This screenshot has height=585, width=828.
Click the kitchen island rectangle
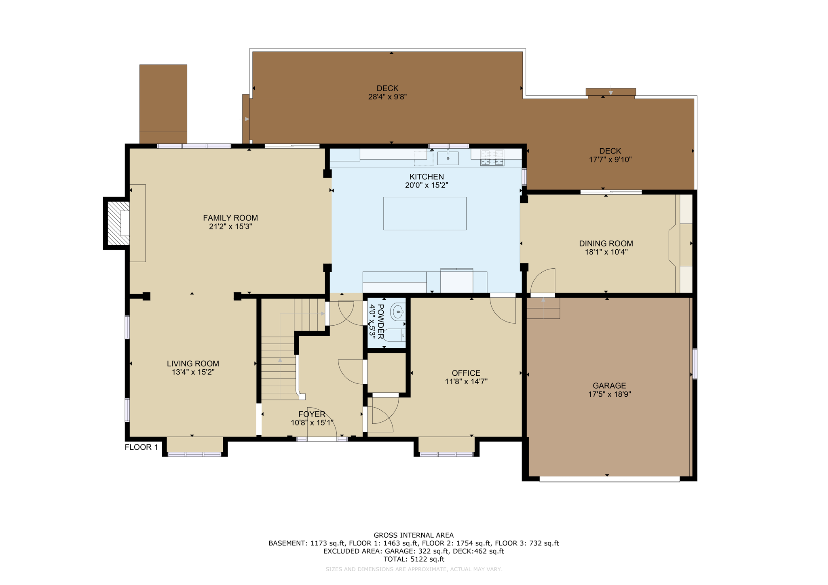(x=425, y=213)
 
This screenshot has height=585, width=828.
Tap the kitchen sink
(x=448, y=158)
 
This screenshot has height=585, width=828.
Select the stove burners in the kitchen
(x=492, y=158)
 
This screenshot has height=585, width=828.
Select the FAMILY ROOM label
(x=230, y=218)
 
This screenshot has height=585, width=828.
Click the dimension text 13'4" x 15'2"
(x=193, y=372)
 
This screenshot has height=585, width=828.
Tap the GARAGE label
(x=609, y=385)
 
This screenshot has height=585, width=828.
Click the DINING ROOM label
(x=606, y=243)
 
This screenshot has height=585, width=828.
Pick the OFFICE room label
(x=466, y=373)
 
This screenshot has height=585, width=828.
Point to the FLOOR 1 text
(x=141, y=447)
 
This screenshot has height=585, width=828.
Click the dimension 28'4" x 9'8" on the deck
(x=387, y=97)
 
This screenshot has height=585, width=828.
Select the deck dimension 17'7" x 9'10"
(x=610, y=160)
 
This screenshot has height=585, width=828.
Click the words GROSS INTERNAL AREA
(x=413, y=535)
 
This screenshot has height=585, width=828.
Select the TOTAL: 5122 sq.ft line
(x=413, y=559)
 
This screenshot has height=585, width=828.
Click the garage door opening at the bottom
(x=609, y=479)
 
